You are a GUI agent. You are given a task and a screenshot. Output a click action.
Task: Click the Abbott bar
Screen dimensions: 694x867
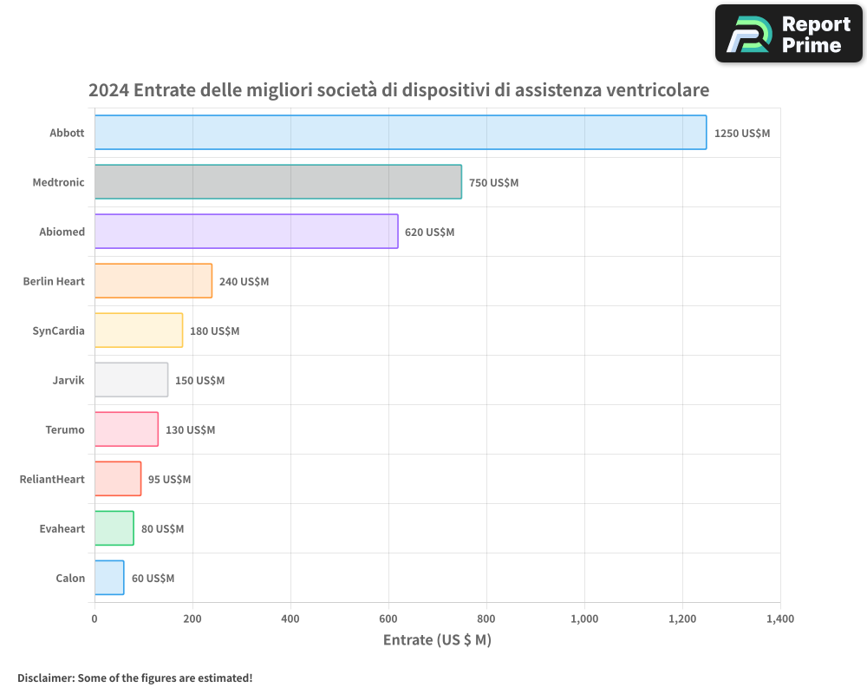400,133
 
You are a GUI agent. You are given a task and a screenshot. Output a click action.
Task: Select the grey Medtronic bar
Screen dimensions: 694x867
277,182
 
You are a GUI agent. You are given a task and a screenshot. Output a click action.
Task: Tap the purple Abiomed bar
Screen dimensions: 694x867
245,232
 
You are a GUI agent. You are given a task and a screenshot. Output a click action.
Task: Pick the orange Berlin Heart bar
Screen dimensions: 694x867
153,281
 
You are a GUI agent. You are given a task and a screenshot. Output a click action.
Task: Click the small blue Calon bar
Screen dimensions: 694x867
109,578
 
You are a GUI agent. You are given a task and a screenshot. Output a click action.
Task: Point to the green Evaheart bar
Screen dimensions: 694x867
114,528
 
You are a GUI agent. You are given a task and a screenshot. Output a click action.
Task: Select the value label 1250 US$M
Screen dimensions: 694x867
741,134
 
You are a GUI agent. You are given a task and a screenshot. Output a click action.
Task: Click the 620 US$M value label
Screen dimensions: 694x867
429,232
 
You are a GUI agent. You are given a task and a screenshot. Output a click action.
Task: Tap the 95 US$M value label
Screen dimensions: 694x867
169,480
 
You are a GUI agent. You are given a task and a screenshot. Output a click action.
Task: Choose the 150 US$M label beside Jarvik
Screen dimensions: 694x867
199,381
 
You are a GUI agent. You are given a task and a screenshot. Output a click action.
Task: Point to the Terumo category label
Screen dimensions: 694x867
65,429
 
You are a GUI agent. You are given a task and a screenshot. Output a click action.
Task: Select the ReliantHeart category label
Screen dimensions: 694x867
52,479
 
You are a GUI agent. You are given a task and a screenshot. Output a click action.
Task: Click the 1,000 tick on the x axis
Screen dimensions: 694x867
584,619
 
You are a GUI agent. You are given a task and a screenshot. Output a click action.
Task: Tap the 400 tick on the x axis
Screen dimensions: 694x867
290,619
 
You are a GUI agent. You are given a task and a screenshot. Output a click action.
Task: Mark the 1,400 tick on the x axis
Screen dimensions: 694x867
780,619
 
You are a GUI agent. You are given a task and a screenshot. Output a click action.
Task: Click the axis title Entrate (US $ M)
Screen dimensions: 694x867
437,640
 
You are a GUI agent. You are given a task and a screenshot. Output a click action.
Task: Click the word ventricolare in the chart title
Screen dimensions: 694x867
657,89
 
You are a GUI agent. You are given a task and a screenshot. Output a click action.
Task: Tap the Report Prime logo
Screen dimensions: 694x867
788,34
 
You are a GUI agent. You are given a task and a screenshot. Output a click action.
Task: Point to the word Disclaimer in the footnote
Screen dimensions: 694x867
44,678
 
